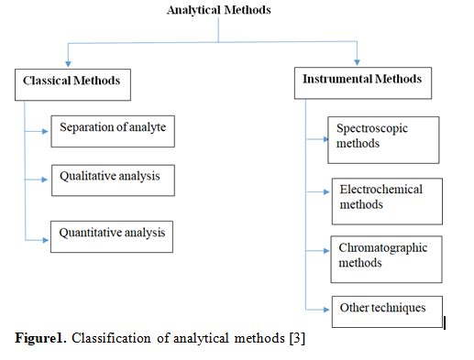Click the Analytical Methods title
pos(218,11)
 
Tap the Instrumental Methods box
pos(362,81)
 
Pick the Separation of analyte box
pos(113,129)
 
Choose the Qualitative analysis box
pos(112,178)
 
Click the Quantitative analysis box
pos(112,235)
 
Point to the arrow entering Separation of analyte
pos(43,131)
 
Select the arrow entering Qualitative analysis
pos(43,180)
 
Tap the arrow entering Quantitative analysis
pos(43,239)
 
